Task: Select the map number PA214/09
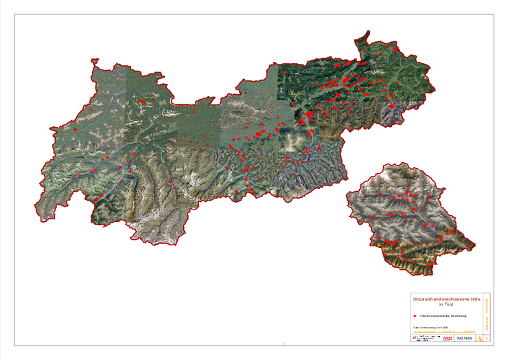(465, 339)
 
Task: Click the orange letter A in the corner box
(487, 339)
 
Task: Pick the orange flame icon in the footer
(478, 339)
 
